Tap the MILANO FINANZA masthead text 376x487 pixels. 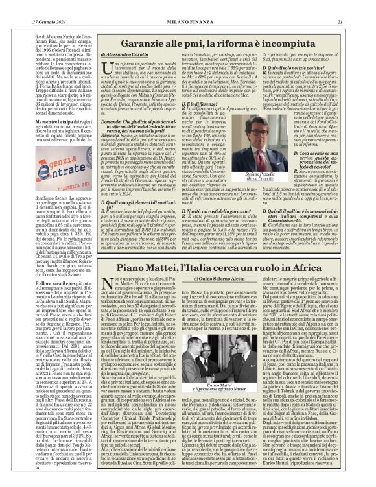187,6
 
